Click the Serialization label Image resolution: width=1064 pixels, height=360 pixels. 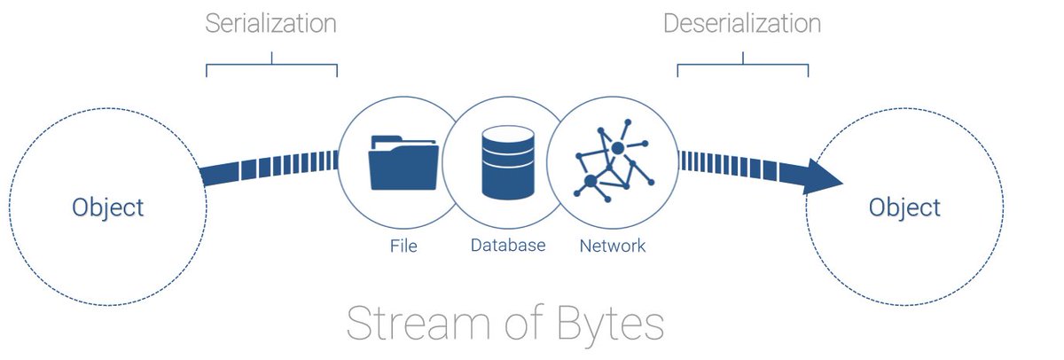point(270,24)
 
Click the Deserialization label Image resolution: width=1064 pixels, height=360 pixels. point(742,24)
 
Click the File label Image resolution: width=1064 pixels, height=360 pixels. point(403,245)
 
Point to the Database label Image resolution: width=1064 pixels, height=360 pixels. point(508,245)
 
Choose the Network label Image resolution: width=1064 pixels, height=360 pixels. point(613,245)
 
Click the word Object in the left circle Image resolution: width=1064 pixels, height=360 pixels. point(107,207)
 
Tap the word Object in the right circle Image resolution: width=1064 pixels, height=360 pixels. point(904,207)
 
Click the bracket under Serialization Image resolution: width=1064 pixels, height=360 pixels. point(271,66)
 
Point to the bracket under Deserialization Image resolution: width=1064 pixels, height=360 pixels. point(743,66)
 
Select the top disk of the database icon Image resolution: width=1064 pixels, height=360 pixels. point(508,137)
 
